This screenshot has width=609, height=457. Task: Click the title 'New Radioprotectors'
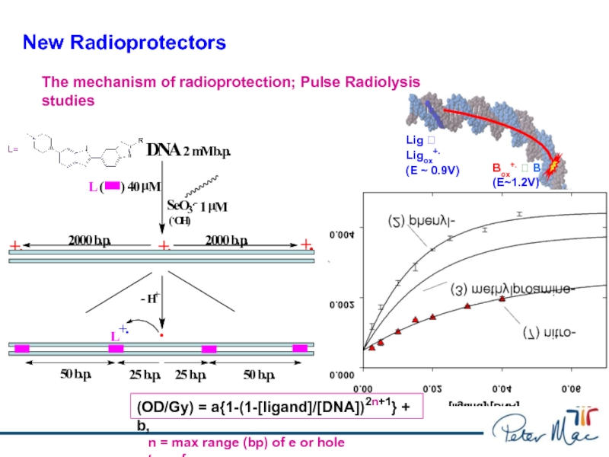[x=124, y=43]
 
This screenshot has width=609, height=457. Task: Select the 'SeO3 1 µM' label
[x=197, y=206]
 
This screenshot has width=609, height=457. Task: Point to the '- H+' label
[x=149, y=298]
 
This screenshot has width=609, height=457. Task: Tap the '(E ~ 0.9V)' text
[x=432, y=170]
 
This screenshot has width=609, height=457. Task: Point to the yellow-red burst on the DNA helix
[x=554, y=161]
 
